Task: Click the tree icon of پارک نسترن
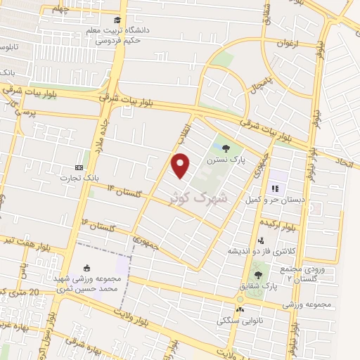pos(226,148)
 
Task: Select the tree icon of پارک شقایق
pos(258,275)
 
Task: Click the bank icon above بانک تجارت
pos(78,167)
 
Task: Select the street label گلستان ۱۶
pos(98,225)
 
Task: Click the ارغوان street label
pos(288,43)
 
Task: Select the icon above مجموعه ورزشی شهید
pos(87,267)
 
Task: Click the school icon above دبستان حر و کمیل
pos(276,188)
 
